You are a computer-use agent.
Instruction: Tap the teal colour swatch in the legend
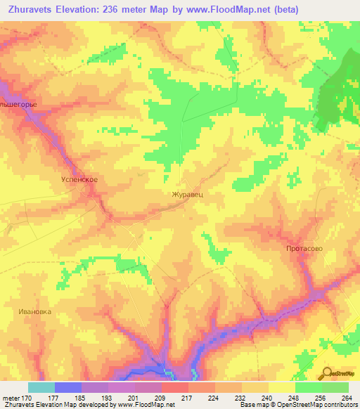coord(41,387)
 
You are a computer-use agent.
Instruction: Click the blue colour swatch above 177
coord(67,387)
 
